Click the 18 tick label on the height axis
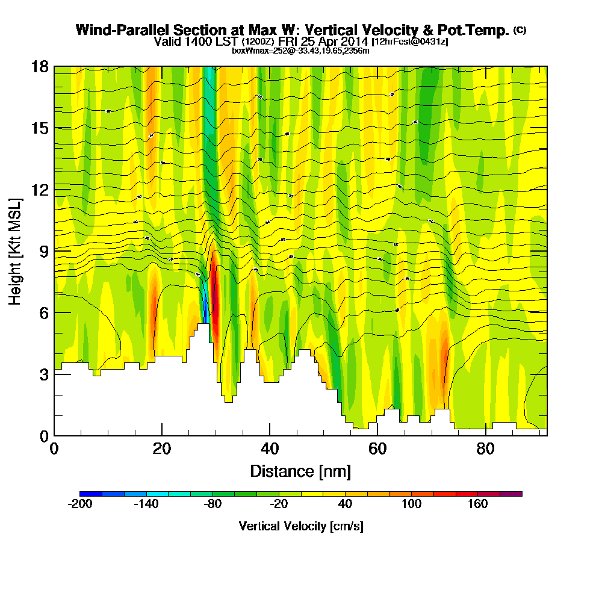pyautogui.click(x=40, y=66)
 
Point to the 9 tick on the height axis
pyautogui.click(x=54, y=250)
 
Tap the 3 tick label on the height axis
pyautogui.click(x=43, y=374)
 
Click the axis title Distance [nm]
pyautogui.click(x=300, y=471)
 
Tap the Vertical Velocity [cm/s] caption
pyautogui.click(x=300, y=526)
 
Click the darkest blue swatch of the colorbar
pyautogui.click(x=91, y=494)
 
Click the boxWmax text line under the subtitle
pyautogui.click(x=300, y=51)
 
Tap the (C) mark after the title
pyautogui.click(x=520, y=29)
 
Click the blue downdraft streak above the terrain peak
pyautogui.click(x=205, y=304)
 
